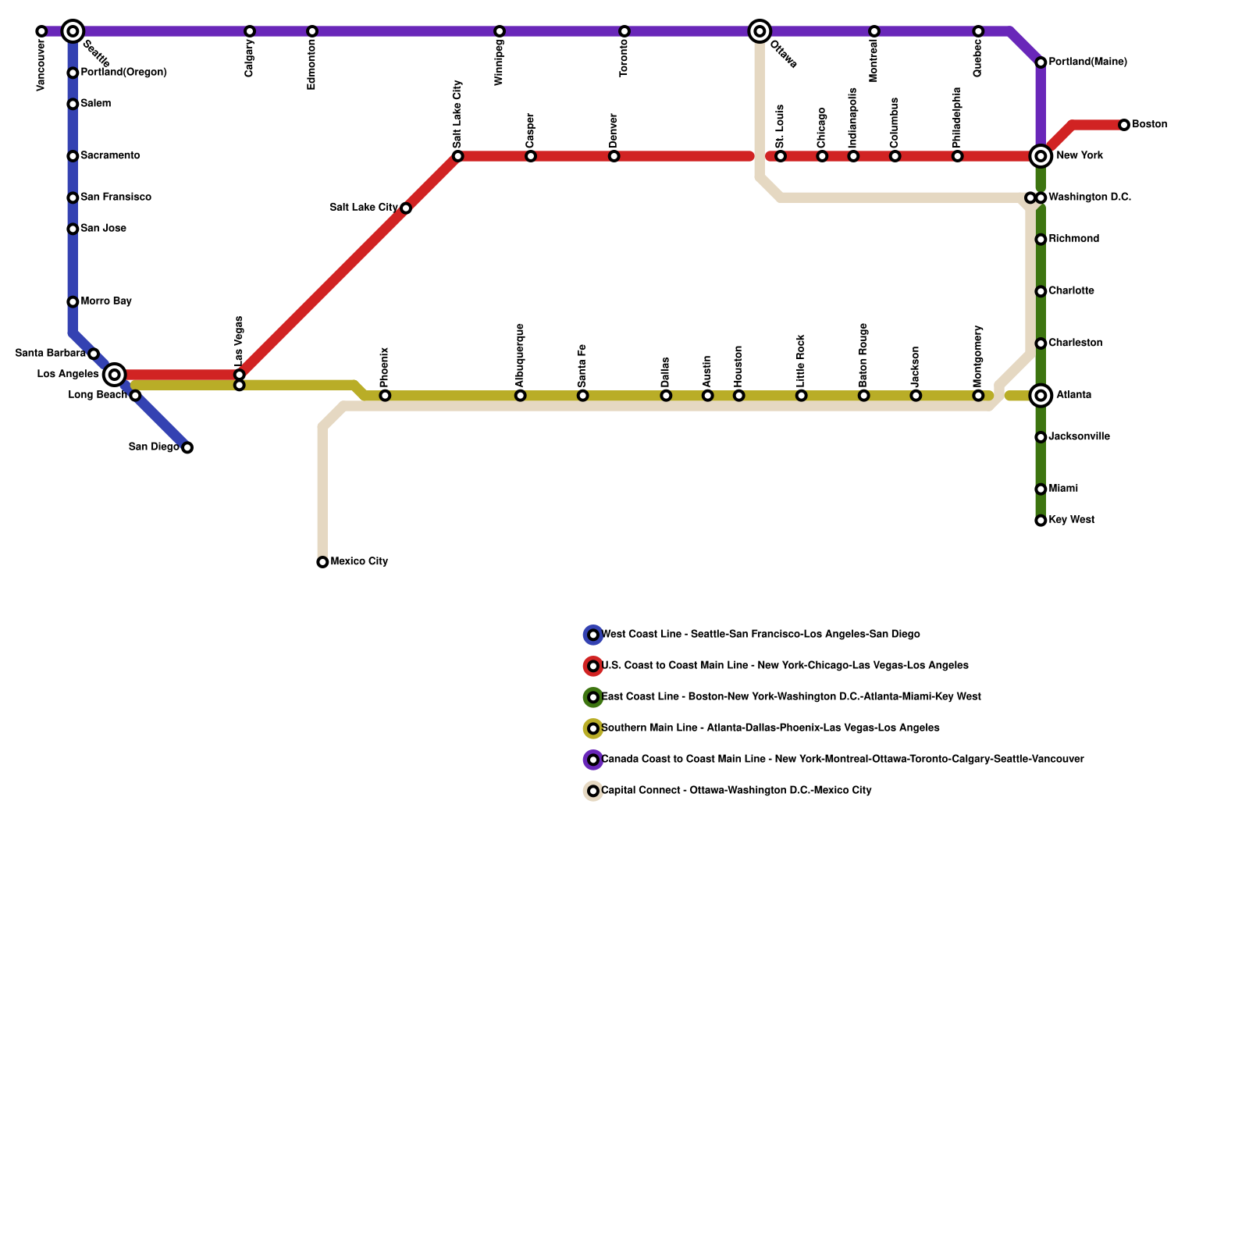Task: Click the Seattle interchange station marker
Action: pos(73,31)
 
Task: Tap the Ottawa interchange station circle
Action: pos(760,31)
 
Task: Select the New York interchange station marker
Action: pos(1041,156)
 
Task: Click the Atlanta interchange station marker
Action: pos(1041,396)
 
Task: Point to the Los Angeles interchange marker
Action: pos(115,375)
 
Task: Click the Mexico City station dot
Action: pos(322,562)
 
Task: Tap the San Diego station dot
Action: pos(187,447)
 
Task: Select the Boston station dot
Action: pos(1124,125)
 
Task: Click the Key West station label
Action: pos(1071,520)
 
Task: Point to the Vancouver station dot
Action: pos(41,31)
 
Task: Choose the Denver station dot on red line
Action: pos(614,156)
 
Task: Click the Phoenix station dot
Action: pos(385,396)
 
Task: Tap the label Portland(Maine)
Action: pos(1087,62)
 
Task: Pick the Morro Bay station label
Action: pos(106,301)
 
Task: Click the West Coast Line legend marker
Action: pos(593,635)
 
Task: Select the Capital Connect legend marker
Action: pos(593,791)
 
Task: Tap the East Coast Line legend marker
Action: pos(593,697)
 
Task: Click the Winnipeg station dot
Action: pos(500,31)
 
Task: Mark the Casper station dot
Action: pos(531,156)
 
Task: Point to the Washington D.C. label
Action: pos(1090,197)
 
